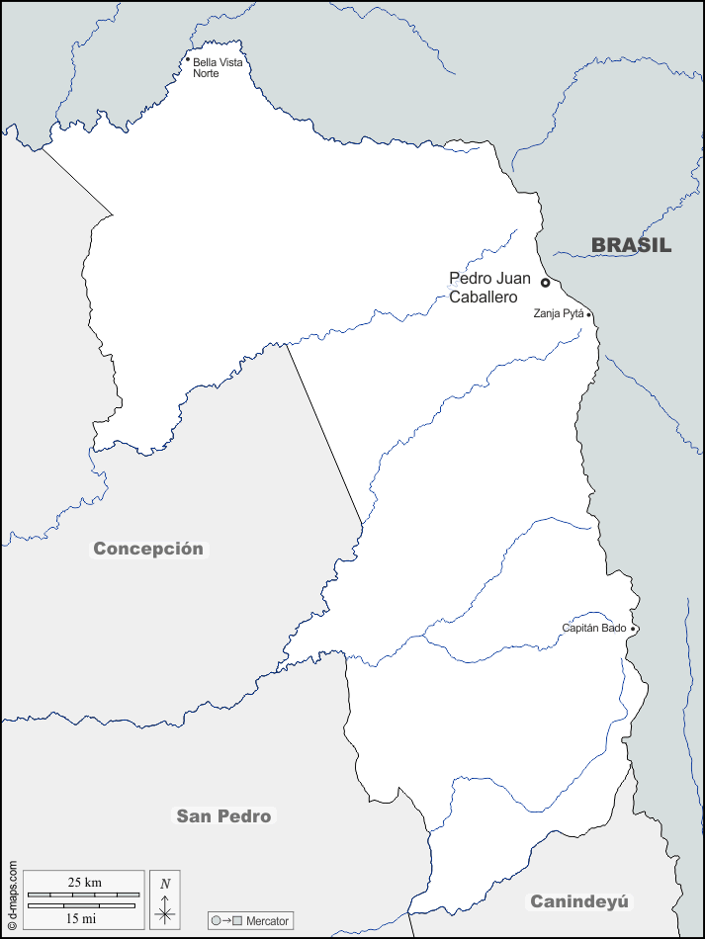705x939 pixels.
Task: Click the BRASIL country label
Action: coord(631,246)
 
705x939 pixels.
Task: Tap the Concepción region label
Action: coord(148,549)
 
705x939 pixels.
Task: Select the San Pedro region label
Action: coord(223,815)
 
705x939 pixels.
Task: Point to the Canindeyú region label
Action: coord(579,900)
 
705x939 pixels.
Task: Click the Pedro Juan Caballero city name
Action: coord(489,288)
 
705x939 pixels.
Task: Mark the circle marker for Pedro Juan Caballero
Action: coord(545,283)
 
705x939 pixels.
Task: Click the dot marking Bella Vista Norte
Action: coord(187,59)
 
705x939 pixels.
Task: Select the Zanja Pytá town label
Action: coord(559,314)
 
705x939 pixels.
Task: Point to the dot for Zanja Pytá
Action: coord(589,315)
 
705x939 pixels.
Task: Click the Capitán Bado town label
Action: coord(594,629)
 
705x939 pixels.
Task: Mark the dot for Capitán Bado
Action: coord(633,629)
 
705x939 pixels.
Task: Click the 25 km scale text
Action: coord(84,882)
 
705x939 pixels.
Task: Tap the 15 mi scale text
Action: coord(81,918)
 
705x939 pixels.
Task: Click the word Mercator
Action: coord(268,921)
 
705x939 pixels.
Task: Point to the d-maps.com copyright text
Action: coord(12,896)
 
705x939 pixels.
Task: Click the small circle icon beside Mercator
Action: coord(216,921)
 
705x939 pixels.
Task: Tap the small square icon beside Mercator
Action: coord(237,921)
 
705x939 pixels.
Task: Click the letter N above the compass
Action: coord(165,884)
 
